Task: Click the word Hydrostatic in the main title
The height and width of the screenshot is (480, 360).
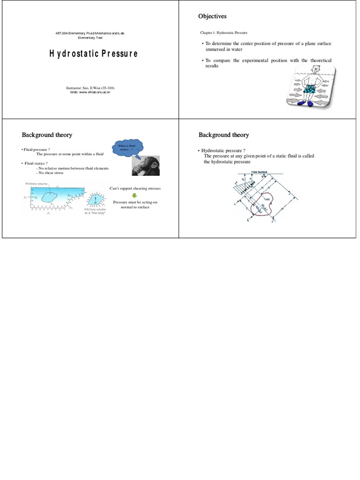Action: pos(73,53)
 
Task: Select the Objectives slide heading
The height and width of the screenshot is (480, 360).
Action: pos(212,16)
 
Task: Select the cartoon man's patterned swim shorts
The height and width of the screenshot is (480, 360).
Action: pos(311,88)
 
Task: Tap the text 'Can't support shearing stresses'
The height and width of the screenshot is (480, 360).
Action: pos(135,188)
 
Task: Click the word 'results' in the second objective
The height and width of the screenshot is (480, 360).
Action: pos(212,66)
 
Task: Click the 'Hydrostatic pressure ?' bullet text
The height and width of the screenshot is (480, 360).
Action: pos(224,150)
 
